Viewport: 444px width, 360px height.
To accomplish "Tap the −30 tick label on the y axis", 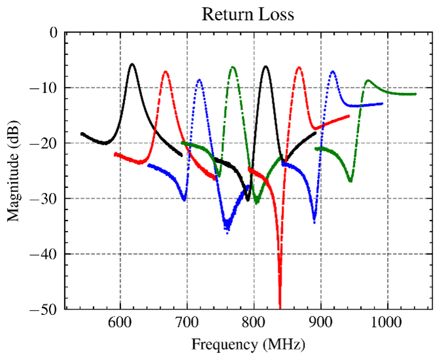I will [47, 198].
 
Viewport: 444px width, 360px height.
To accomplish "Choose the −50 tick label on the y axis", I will [47, 309].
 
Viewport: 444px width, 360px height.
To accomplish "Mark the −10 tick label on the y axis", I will [47, 88].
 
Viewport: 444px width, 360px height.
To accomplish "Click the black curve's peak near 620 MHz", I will [133, 64].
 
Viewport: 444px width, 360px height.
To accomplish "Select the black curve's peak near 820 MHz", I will [266, 66].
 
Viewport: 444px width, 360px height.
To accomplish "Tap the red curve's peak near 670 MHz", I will [166, 71].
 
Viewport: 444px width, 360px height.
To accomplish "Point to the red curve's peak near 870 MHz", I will [299, 67].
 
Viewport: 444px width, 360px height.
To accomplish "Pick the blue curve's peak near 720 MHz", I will [199, 80].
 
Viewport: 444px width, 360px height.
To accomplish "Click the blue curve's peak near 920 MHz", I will [333, 71].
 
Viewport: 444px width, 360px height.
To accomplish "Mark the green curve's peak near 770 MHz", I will [232, 67].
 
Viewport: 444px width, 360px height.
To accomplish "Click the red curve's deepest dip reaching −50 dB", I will [280, 306].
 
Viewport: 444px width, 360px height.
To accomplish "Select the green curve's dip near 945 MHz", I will [351, 181].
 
